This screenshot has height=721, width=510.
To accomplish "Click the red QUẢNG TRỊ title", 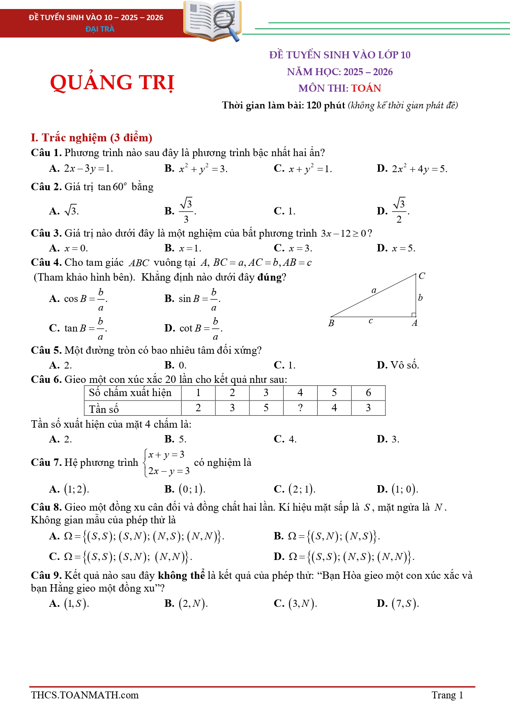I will click(x=112, y=82).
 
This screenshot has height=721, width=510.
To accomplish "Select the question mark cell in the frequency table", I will click(x=300, y=408).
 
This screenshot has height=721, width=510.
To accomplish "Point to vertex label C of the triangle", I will click(x=422, y=276).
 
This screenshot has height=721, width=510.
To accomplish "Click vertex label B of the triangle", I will click(x=331, y=323).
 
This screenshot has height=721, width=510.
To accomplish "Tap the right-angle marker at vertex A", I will click(x=414, y=315).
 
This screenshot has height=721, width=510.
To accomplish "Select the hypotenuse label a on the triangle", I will click(x=374, y=290).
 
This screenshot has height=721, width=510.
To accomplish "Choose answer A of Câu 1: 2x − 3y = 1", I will click(x=81, y=168).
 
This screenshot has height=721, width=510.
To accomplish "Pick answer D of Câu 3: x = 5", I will click(x=396, y=248).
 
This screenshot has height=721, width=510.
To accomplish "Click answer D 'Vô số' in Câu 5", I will click(x=398, y=365).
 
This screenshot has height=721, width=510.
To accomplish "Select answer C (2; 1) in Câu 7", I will click(x=295, y=489).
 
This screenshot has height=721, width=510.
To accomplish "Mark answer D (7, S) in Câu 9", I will click(x=398, y=603).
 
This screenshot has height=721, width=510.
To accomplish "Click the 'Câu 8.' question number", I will click(x=46, y=507).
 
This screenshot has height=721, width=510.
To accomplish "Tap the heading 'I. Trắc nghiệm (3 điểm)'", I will click(x=91, y=138).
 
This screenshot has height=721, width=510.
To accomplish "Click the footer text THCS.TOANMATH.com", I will click(x=85, y=695).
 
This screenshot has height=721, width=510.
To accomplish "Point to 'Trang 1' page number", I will click(x=447, y=695).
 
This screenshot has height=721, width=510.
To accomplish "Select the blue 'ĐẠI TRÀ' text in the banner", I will click(x=100, y=29).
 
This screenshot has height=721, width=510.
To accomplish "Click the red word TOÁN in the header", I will click(x=366, y=88).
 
